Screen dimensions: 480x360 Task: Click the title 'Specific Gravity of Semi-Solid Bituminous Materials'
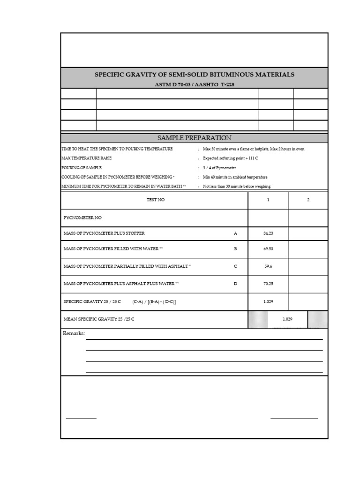(195, 75)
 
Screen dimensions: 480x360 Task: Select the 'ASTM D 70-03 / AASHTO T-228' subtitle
(195, 84)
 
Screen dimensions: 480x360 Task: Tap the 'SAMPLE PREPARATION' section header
(194, 138)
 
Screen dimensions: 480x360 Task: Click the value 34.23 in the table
(268, 233)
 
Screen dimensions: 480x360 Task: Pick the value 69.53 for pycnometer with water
(268, 249)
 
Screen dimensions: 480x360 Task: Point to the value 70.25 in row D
(268, 284)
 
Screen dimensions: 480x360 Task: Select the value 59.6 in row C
(268, 266)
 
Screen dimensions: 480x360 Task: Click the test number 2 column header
(308, 200)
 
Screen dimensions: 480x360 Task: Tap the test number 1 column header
(268, 200)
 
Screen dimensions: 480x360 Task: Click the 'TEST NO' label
(156, 200)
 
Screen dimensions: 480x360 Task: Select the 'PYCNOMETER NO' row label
(82, 218)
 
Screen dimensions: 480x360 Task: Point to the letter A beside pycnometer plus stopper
(235, 233)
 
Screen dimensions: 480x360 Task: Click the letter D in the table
(235, 284)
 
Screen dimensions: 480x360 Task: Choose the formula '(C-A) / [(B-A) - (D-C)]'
(154, 302)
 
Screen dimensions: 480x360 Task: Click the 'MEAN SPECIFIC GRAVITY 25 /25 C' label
(99, 319)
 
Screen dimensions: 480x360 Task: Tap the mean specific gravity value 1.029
(287, 319)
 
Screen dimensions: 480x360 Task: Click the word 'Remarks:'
(74, 333)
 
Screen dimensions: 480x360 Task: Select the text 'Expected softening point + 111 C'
(230, 158)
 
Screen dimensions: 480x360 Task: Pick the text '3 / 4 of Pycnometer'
(219, 168)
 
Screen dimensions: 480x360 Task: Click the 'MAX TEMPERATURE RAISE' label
(86, 158)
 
